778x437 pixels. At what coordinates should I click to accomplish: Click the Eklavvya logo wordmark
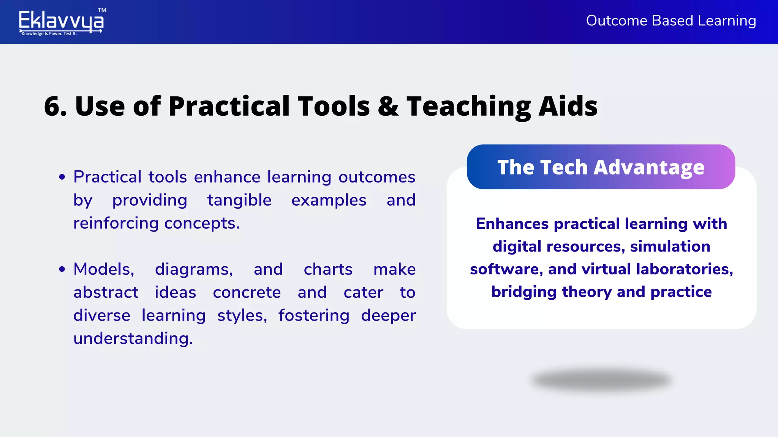pos(61,20)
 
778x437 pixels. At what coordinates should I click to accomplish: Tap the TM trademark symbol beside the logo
pos(102,10)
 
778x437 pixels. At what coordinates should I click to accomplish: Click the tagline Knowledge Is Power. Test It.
pos(49,34)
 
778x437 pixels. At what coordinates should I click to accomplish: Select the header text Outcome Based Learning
pos(671,20)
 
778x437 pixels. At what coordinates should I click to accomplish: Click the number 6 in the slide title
pos(52,106)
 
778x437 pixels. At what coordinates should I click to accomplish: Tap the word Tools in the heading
pos(334,106)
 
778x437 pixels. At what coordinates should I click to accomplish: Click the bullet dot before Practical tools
pos(62,177)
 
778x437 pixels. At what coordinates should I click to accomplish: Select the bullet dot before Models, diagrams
pos(62,269)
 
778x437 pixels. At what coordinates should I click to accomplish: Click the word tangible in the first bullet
pos(239,200)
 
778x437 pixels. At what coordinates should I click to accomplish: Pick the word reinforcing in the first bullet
pos(116,223)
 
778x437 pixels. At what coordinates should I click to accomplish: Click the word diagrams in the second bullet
pos(194,269)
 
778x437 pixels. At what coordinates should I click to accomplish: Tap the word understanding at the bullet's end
pos(133,338)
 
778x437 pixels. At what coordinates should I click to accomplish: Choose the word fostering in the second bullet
pos(314,316)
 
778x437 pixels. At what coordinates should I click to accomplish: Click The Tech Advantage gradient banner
pos(601,167)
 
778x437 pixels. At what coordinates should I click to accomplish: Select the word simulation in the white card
pos(670,247)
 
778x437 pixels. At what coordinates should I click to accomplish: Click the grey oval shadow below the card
pos(601,380)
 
